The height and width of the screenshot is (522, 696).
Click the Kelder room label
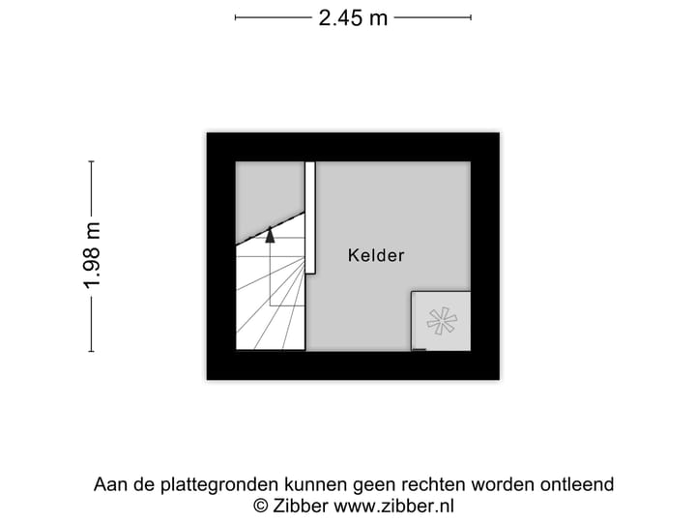pos(376,256)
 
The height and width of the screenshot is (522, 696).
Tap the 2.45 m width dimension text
pos(353,17)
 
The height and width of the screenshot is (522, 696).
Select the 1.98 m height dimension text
pos(92,255)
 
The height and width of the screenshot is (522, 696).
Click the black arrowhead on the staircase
pos(271,233)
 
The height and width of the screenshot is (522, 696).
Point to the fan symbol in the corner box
pos(442,321)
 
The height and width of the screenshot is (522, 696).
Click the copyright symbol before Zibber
pos(260,506)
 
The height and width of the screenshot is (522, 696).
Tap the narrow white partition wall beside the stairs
pos(310,217)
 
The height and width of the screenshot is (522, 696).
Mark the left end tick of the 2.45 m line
pos(236,16)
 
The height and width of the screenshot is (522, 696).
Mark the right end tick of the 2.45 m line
pos(471,16)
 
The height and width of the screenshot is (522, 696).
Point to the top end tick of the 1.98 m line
pos(92,161)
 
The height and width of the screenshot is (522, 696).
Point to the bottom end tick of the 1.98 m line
pos(92,351)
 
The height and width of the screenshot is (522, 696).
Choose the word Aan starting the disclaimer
pos(110,484)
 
